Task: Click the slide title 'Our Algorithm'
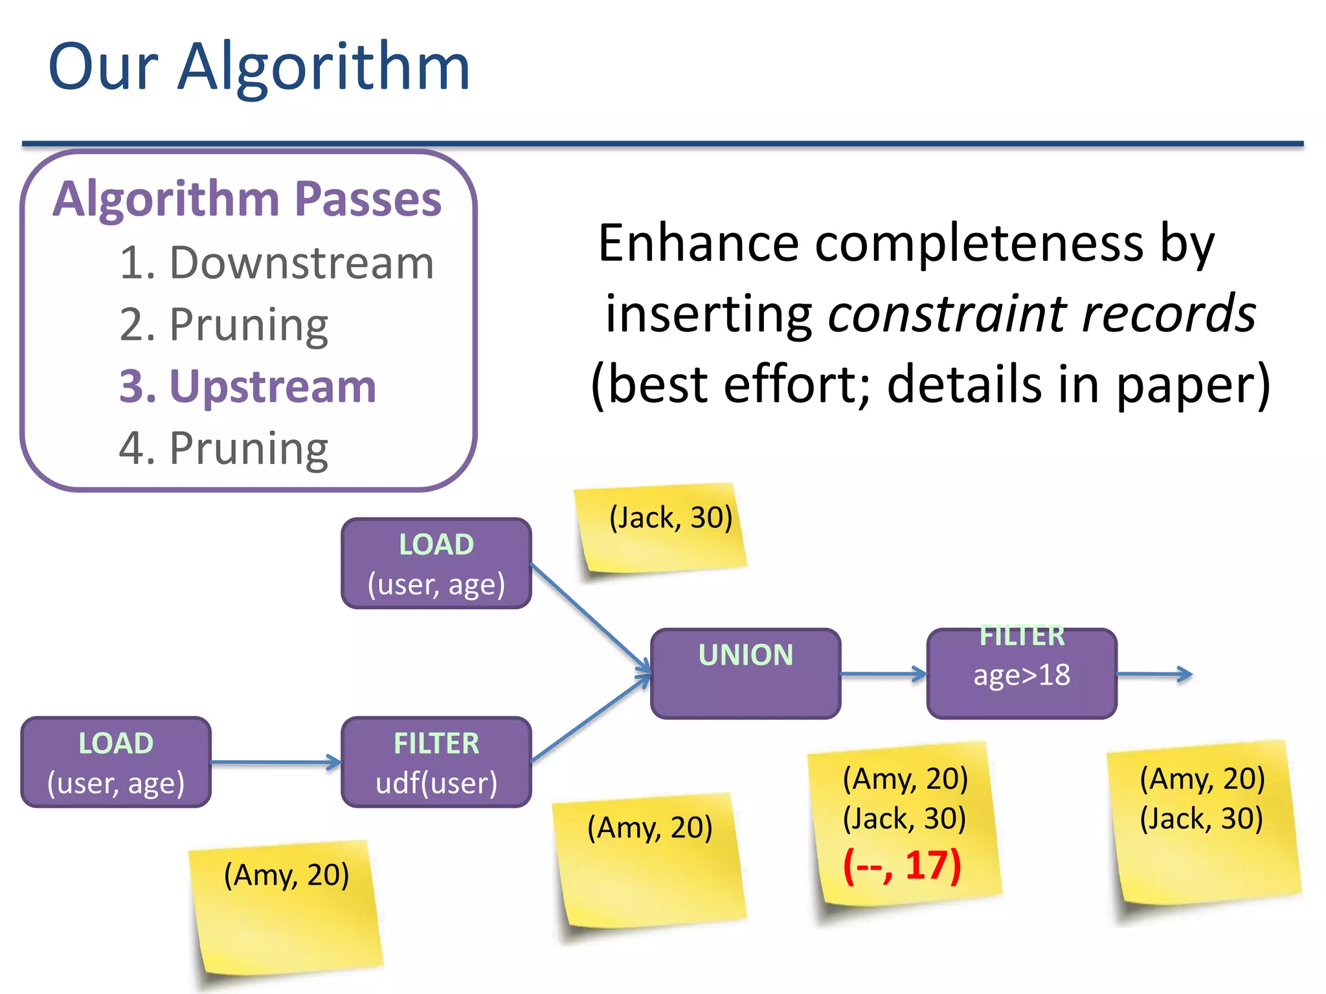pos(259,66)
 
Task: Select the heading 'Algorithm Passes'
pos(247,199)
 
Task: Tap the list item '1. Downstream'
pos(276,263)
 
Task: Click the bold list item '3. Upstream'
pos(247,387)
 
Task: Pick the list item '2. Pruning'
pos(224,325)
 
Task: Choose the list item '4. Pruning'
pos(224,448)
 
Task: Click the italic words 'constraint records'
pos(1042,314)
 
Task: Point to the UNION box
pos(745,674)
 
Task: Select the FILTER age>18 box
pos(1022,674)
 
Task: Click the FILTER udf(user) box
pos(436,762)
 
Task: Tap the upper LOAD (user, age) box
pos(436,564)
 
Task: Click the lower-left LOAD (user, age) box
pos(116,762)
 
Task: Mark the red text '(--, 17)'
pos(902,865)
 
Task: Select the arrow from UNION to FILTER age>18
pos(883,674)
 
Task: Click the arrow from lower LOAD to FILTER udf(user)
pos(275,762)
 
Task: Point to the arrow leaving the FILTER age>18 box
pos(1154,674)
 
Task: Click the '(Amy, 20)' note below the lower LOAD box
pos(286,906)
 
